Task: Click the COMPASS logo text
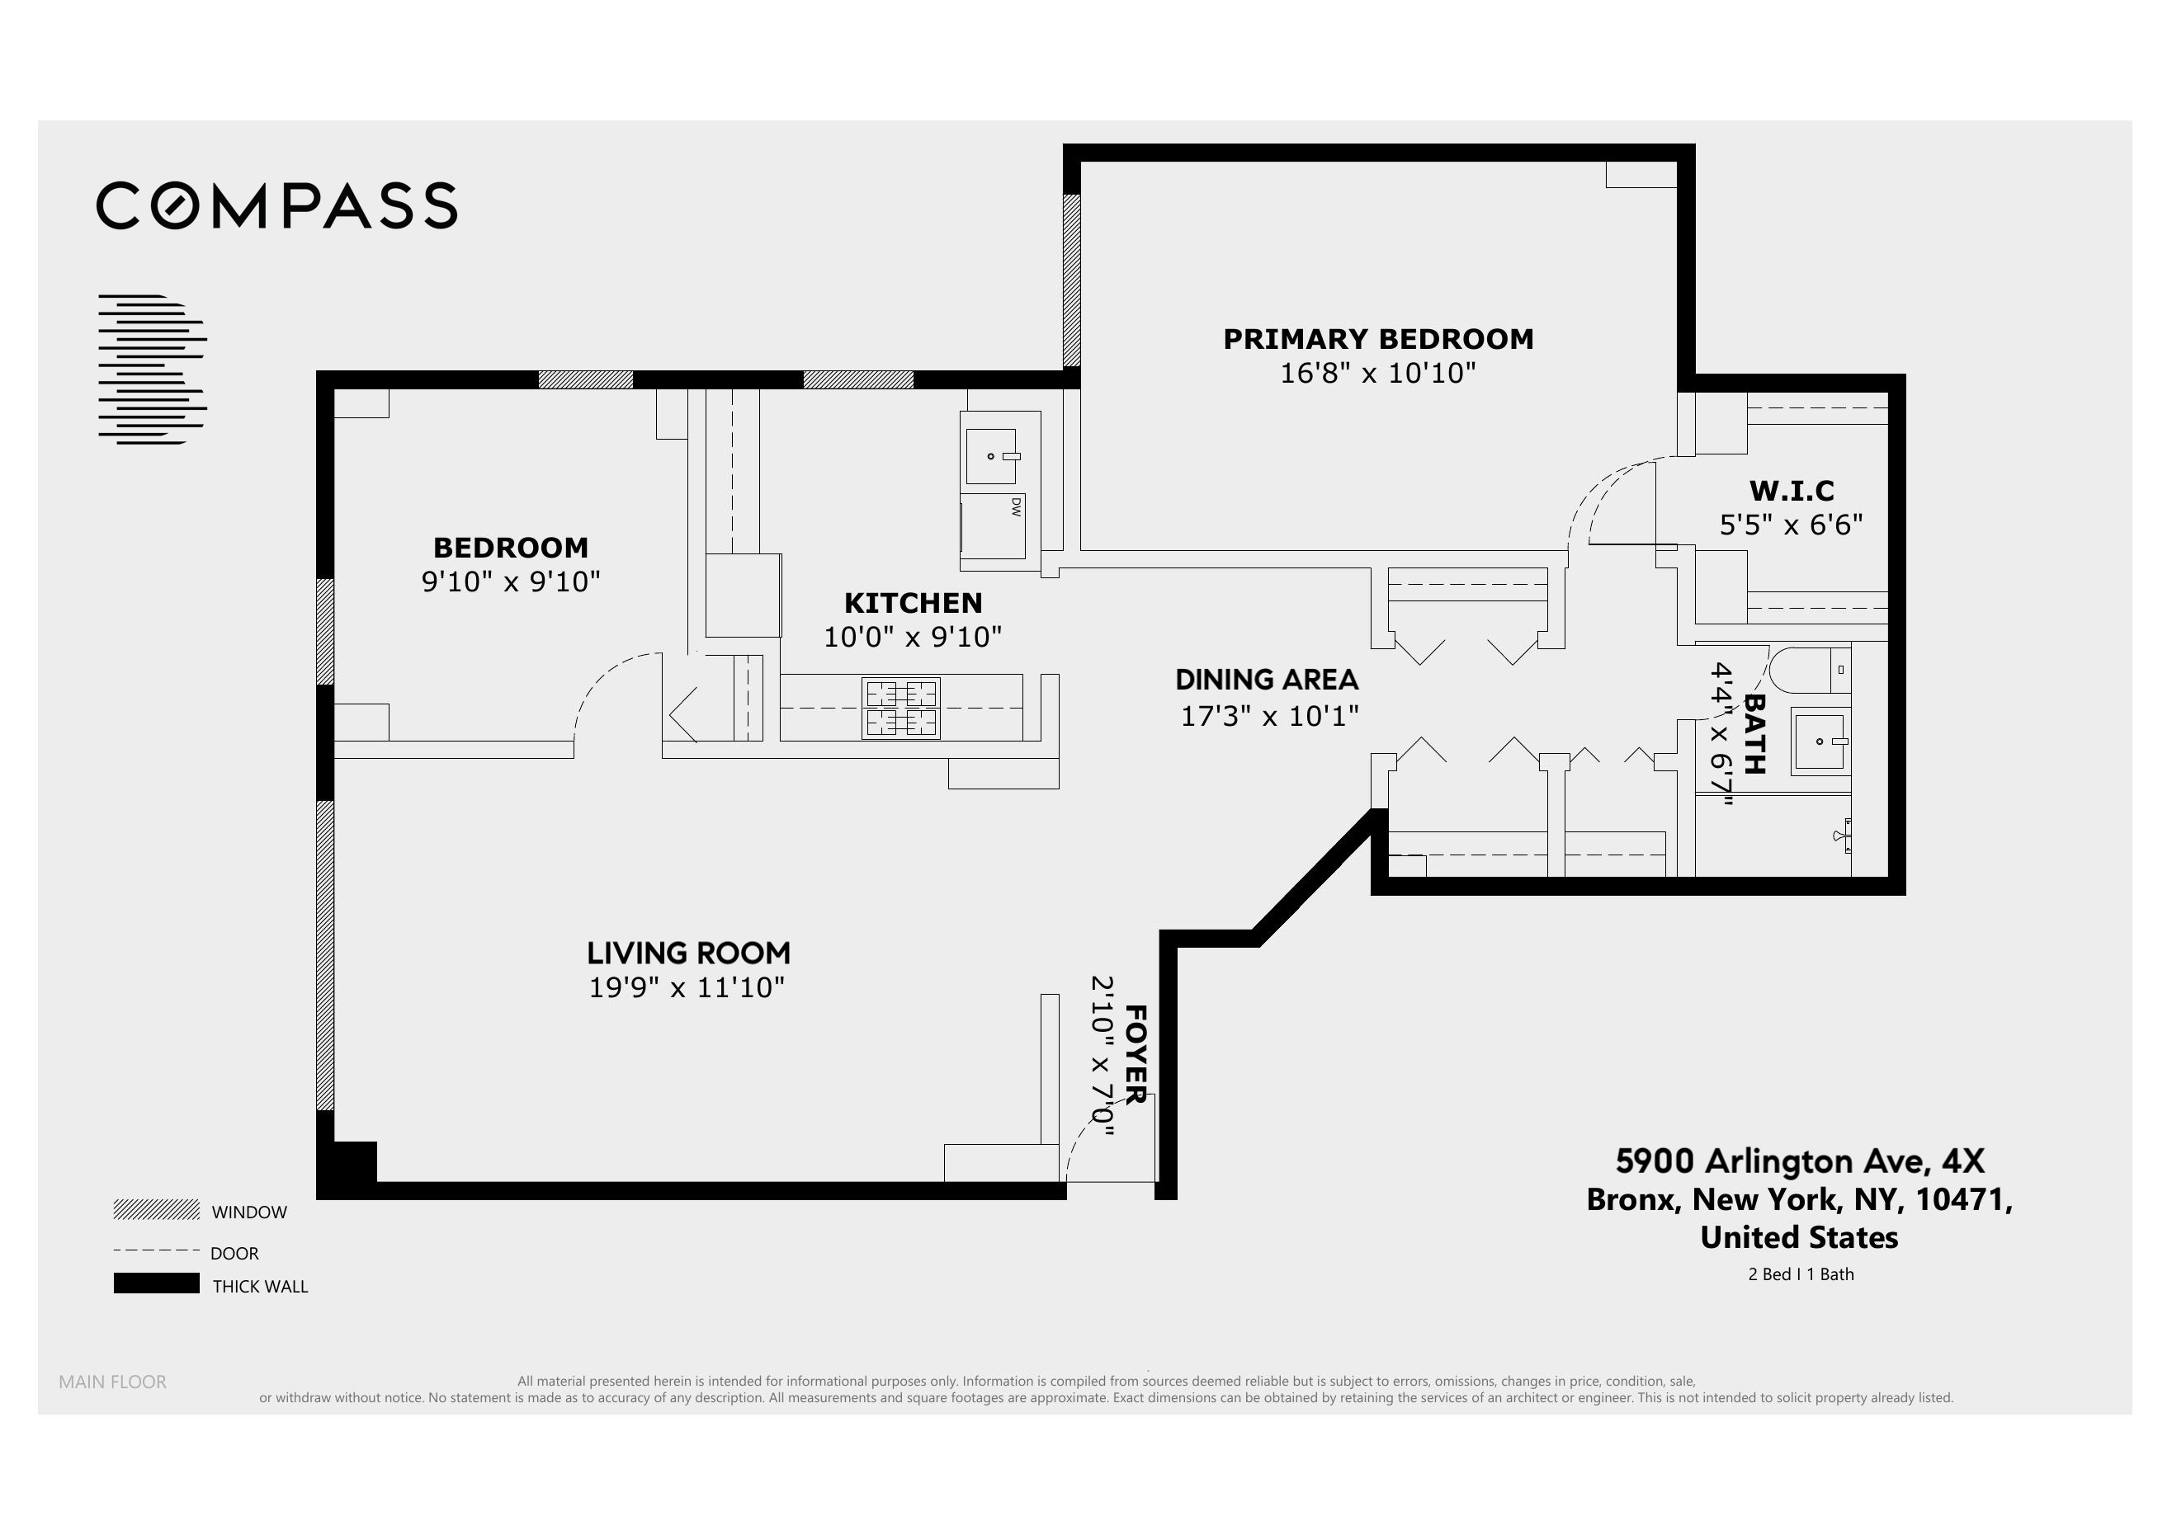[276, 205]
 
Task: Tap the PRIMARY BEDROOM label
[1377, 338]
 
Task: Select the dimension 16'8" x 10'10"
[1377, 374]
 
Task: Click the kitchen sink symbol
[990, 456]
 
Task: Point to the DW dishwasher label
[1016, 507]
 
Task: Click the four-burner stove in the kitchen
[900, 708]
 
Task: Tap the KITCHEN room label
[913, 602]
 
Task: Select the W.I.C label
[1791, 491]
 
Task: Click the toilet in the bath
[1807, 670]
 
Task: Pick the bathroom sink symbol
[1820, 742]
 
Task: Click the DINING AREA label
[1266, 679]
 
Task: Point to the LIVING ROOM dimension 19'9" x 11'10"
[687, 987]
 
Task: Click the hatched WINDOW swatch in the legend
[156, 1210]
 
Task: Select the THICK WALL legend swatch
[156, 1283]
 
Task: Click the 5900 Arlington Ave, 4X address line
[1799, 1161]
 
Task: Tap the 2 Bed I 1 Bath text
[1800, 1274]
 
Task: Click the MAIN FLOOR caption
[112, 1382]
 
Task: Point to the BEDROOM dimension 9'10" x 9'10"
[511, 582]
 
